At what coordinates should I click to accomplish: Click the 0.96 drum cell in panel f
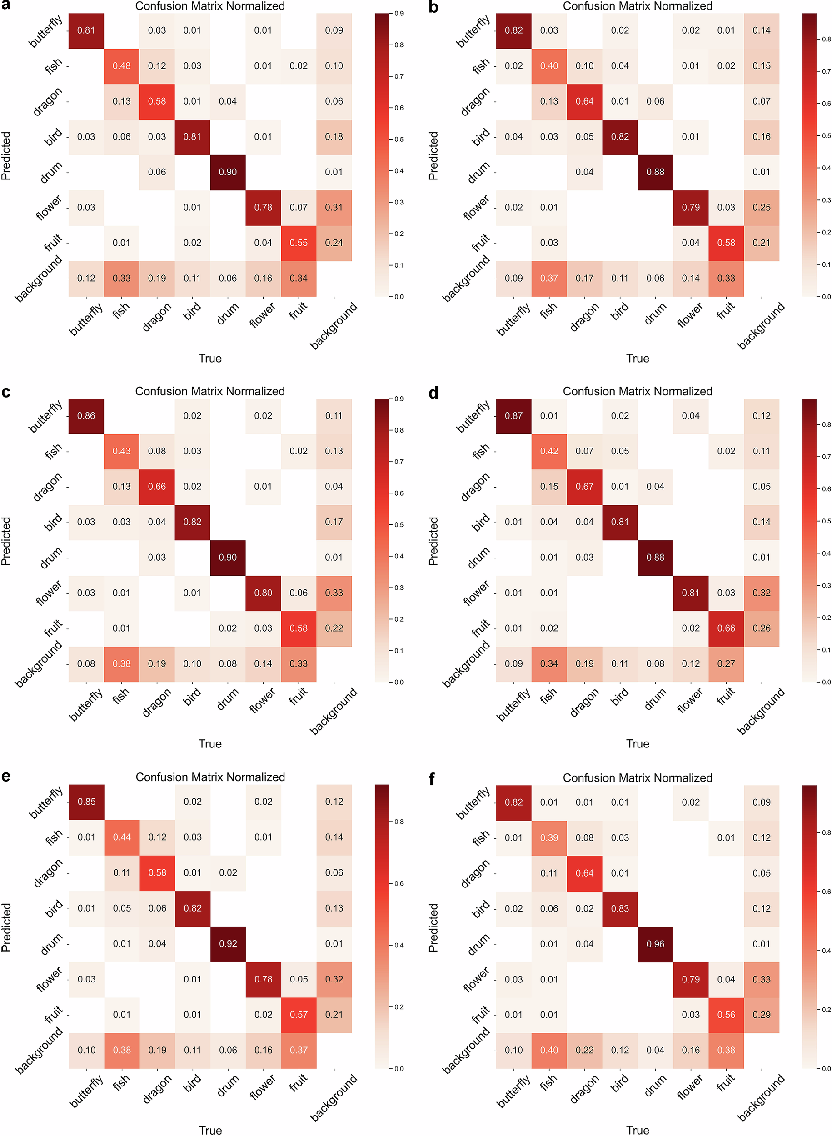[655, 944]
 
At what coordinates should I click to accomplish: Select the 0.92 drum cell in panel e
[228, 943]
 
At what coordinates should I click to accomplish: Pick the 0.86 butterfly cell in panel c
[86, 415]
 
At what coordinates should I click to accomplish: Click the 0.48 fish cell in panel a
[121, 65]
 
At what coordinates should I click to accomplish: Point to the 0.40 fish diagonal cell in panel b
[548, 65]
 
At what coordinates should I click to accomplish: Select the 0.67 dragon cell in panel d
[584, 486]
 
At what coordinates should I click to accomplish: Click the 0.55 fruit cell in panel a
[298, 243]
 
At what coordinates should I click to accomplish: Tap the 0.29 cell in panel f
[761, 1015]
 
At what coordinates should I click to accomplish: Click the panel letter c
[6, 392]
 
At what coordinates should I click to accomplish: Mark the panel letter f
[432, 779]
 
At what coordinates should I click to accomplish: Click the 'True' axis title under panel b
[637, 359]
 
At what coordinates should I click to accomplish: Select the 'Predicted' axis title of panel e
[6, 927]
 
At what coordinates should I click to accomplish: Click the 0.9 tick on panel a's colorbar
[399, 14]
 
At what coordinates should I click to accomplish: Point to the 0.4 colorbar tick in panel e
[399, 945]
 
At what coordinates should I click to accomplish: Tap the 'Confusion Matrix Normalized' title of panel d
[637, 391]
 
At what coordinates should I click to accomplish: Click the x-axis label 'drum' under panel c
[228, 699]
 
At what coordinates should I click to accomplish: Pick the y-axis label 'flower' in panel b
[475, 208]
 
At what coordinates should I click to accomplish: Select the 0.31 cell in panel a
[334, 208]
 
